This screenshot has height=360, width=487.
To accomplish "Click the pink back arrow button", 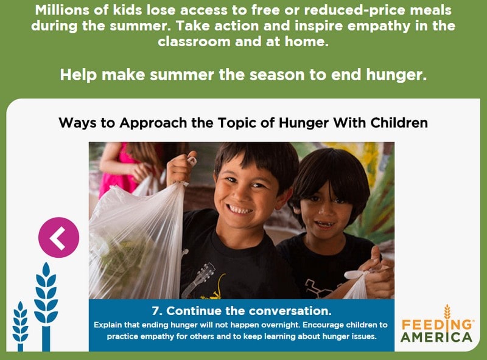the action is click(x=58, y=237).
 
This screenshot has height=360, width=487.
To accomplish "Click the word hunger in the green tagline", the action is click(x=396, y=75).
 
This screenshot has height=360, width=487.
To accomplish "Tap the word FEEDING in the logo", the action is click(x=436, y=325).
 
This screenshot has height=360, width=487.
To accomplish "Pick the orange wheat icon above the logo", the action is click(x=447, y=312).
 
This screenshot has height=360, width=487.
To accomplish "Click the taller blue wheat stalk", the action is click(x=46, y=306).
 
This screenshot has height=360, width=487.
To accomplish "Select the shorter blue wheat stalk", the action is click(x=21, y=326).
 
